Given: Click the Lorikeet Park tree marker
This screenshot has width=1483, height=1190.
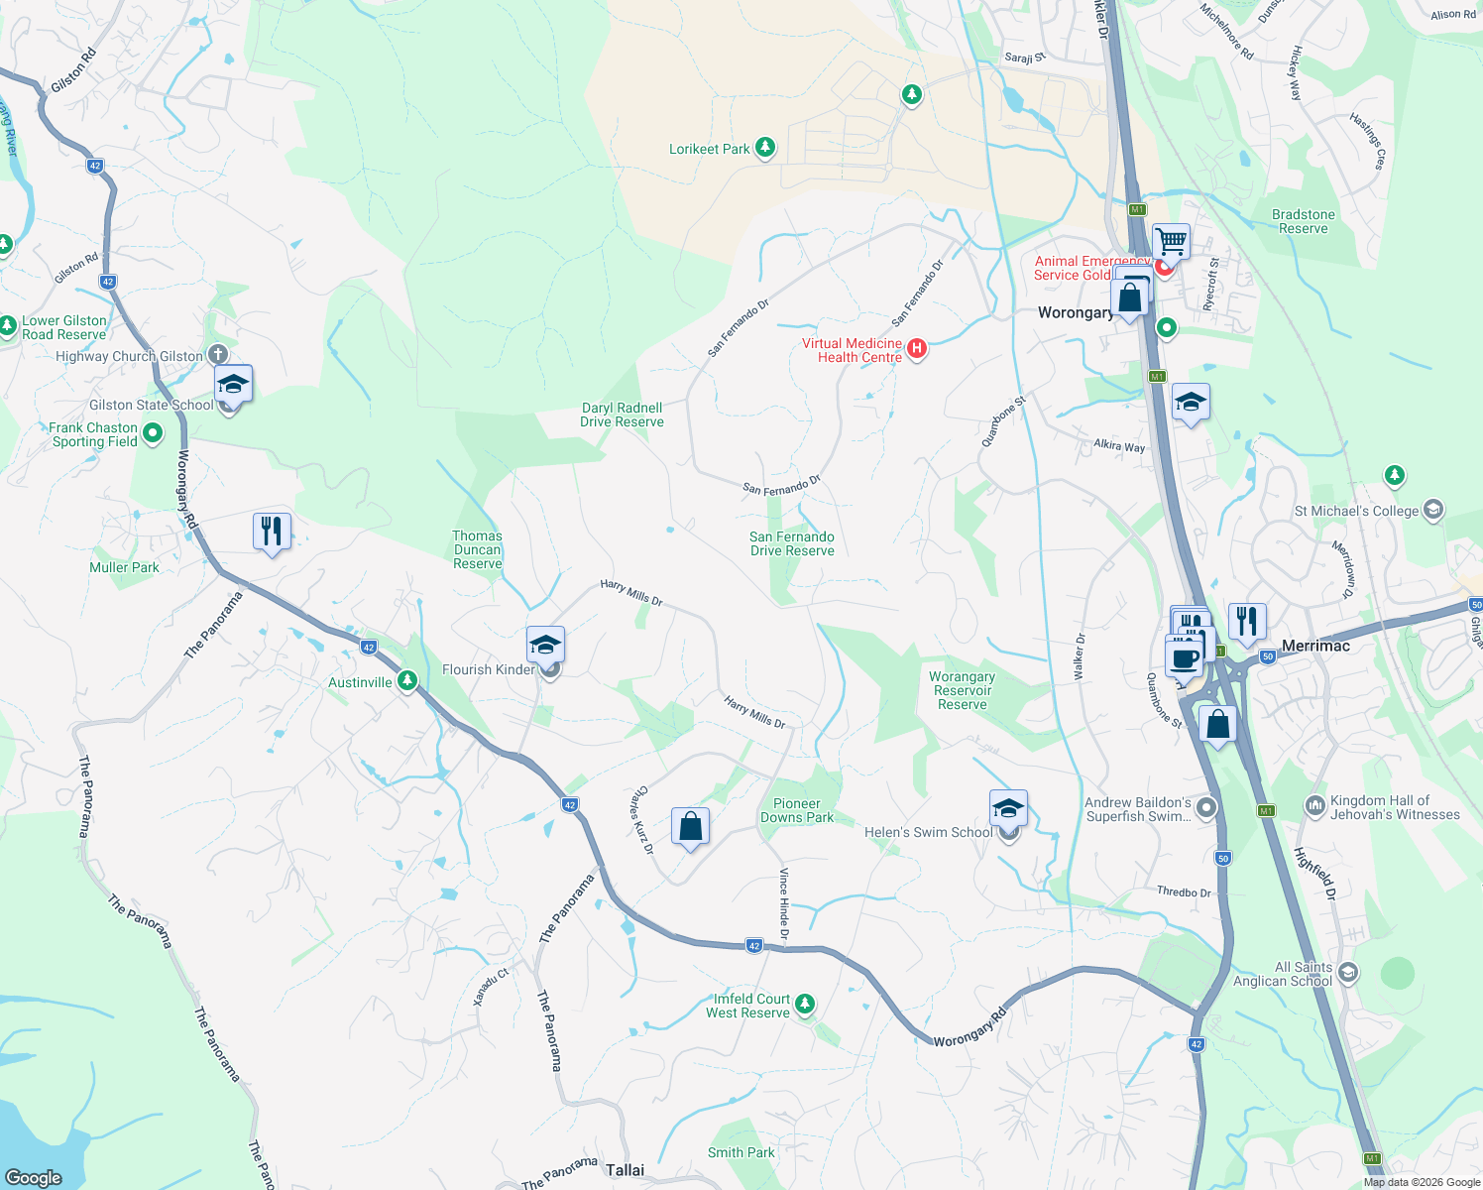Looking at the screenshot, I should click(x=764, y=149).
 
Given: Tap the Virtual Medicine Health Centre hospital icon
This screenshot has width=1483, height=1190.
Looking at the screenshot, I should click(x=917, y=348).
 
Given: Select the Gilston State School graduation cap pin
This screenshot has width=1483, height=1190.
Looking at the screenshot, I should click(x=233, y=384).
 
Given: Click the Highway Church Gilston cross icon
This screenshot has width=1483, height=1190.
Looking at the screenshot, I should click(x=218, y=355).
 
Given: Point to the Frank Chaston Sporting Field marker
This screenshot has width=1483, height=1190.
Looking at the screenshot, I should click(x=153, y=433).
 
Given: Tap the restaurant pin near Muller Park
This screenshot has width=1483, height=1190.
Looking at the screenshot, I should click(x=272, y=531).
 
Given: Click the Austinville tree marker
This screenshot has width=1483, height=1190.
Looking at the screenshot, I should click(x=407, y=681).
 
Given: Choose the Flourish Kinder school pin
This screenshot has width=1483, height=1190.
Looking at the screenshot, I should click(x=545, y=646).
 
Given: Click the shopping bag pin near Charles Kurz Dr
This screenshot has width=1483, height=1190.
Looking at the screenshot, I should click(x=690, y=826).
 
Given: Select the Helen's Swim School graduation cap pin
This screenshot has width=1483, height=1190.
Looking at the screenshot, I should click(x=1008, y=809).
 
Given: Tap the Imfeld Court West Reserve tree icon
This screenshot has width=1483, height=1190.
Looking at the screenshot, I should click(x=805, y=1005).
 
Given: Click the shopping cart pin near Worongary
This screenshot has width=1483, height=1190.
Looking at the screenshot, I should click(x=1171, y=241).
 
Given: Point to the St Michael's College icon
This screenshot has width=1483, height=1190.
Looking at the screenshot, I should click(x=1432, y=510).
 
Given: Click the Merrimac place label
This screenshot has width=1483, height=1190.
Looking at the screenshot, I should click(x=1315, y=646).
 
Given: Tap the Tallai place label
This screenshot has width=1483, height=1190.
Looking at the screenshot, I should click(x=625, y=1170).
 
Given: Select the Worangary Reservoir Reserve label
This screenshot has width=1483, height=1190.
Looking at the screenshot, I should click(x=962, y=690).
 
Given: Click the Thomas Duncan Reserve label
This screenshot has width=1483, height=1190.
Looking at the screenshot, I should click(x=478, y=549).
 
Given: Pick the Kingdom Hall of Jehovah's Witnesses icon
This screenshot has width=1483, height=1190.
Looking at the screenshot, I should click(x=1315, y=806).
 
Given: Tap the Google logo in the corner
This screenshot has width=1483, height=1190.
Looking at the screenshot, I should click(x=34, y=1177).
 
